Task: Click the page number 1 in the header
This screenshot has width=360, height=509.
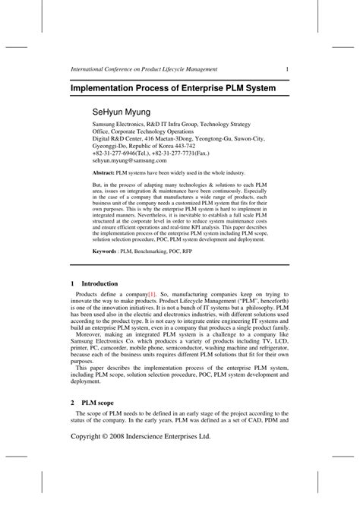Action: pos(286,69)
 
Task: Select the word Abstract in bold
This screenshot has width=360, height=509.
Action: pos(106,173)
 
